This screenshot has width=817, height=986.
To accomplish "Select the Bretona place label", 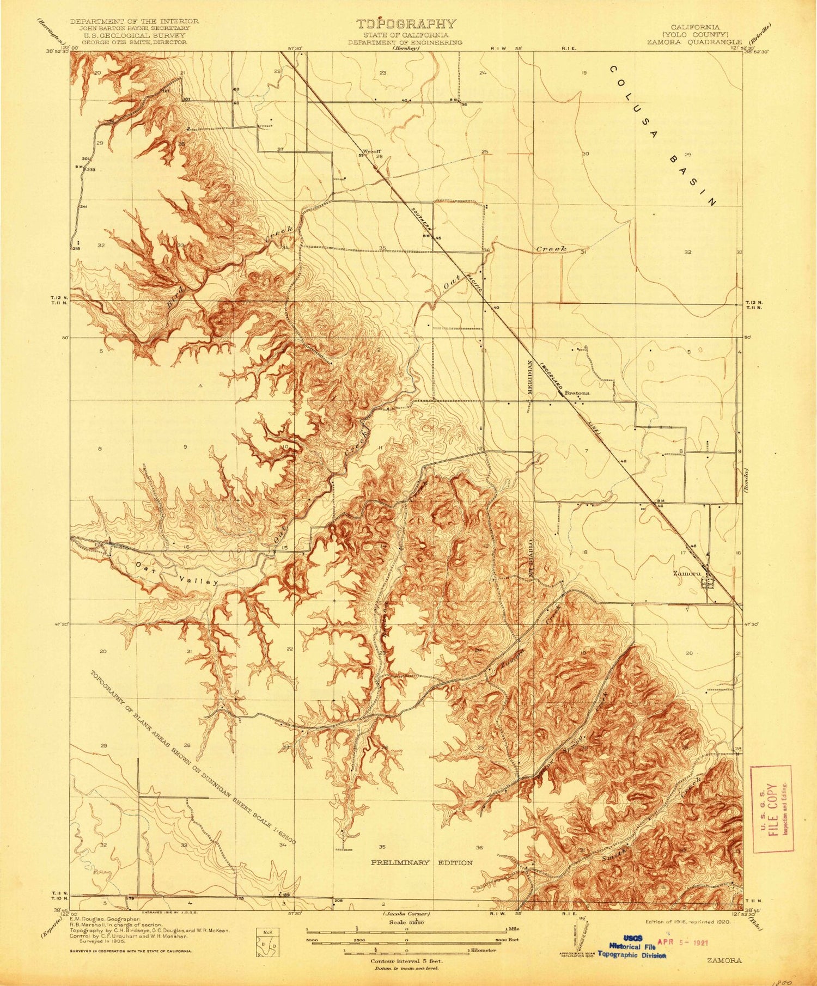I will click(x=577, y=392).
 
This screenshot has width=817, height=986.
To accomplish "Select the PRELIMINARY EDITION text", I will click(x=422, y=862).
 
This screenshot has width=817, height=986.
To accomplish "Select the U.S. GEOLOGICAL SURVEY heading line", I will click(x=132, y=35).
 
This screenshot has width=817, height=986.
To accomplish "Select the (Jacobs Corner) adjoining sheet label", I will click(x=407, y=913).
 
